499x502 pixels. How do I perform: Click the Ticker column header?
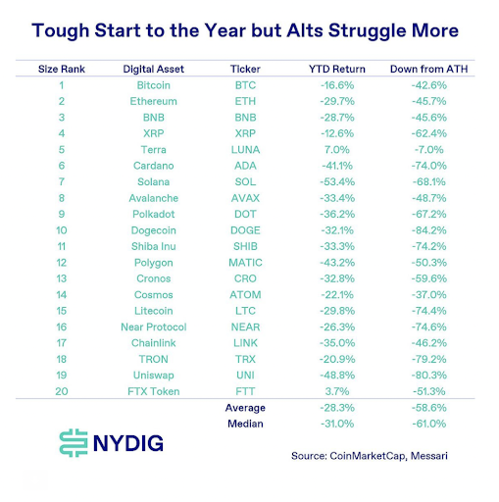pyautogui.click(x=244, y=70)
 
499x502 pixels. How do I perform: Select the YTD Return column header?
pyautogui.click(x=336, y=70)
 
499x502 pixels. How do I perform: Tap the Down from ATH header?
pyautogui.click(x=428, y=70)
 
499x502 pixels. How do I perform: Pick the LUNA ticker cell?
pyautogui.click(x=244, y=149)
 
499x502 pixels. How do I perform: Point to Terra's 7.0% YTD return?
pyautogui.click(x=336, y=149)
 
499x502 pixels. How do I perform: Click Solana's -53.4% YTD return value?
pyautogui.click(x=336, y=181)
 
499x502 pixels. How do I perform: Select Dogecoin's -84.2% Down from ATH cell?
pyautogui.click(x=428, y=229)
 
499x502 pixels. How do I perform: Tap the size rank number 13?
pyautogui.click(x=62, y=277)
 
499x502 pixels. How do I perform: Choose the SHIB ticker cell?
pyautogui.click(x=244, y=245)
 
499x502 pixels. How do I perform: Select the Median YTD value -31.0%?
pyautogui.click(x=336, y=423)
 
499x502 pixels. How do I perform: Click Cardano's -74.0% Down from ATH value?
pyautogui.click(x=428, y=166)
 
